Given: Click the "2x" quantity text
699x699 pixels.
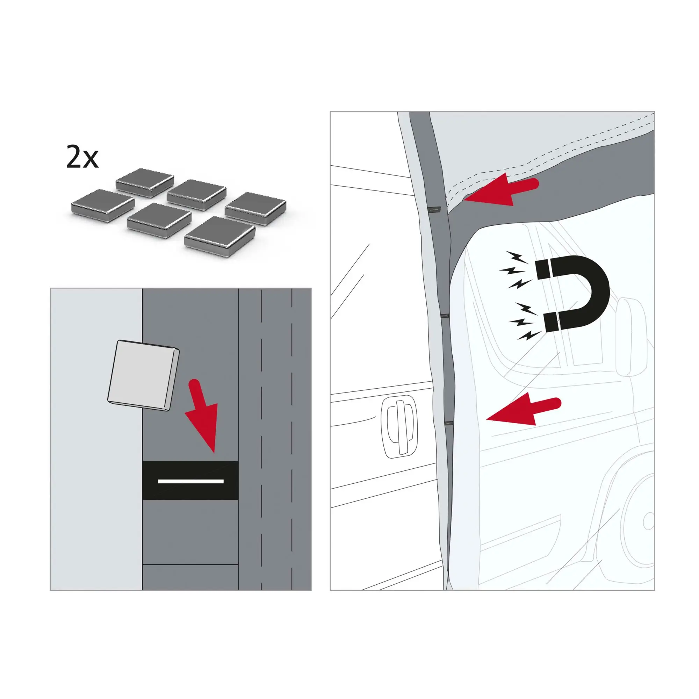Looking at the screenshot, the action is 82,157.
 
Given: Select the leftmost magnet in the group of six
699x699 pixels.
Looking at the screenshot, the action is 103,205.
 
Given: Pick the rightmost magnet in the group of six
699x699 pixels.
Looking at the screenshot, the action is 256,209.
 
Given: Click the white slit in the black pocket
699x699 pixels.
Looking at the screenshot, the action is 191,481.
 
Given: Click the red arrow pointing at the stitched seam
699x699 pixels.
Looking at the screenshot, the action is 501,192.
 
